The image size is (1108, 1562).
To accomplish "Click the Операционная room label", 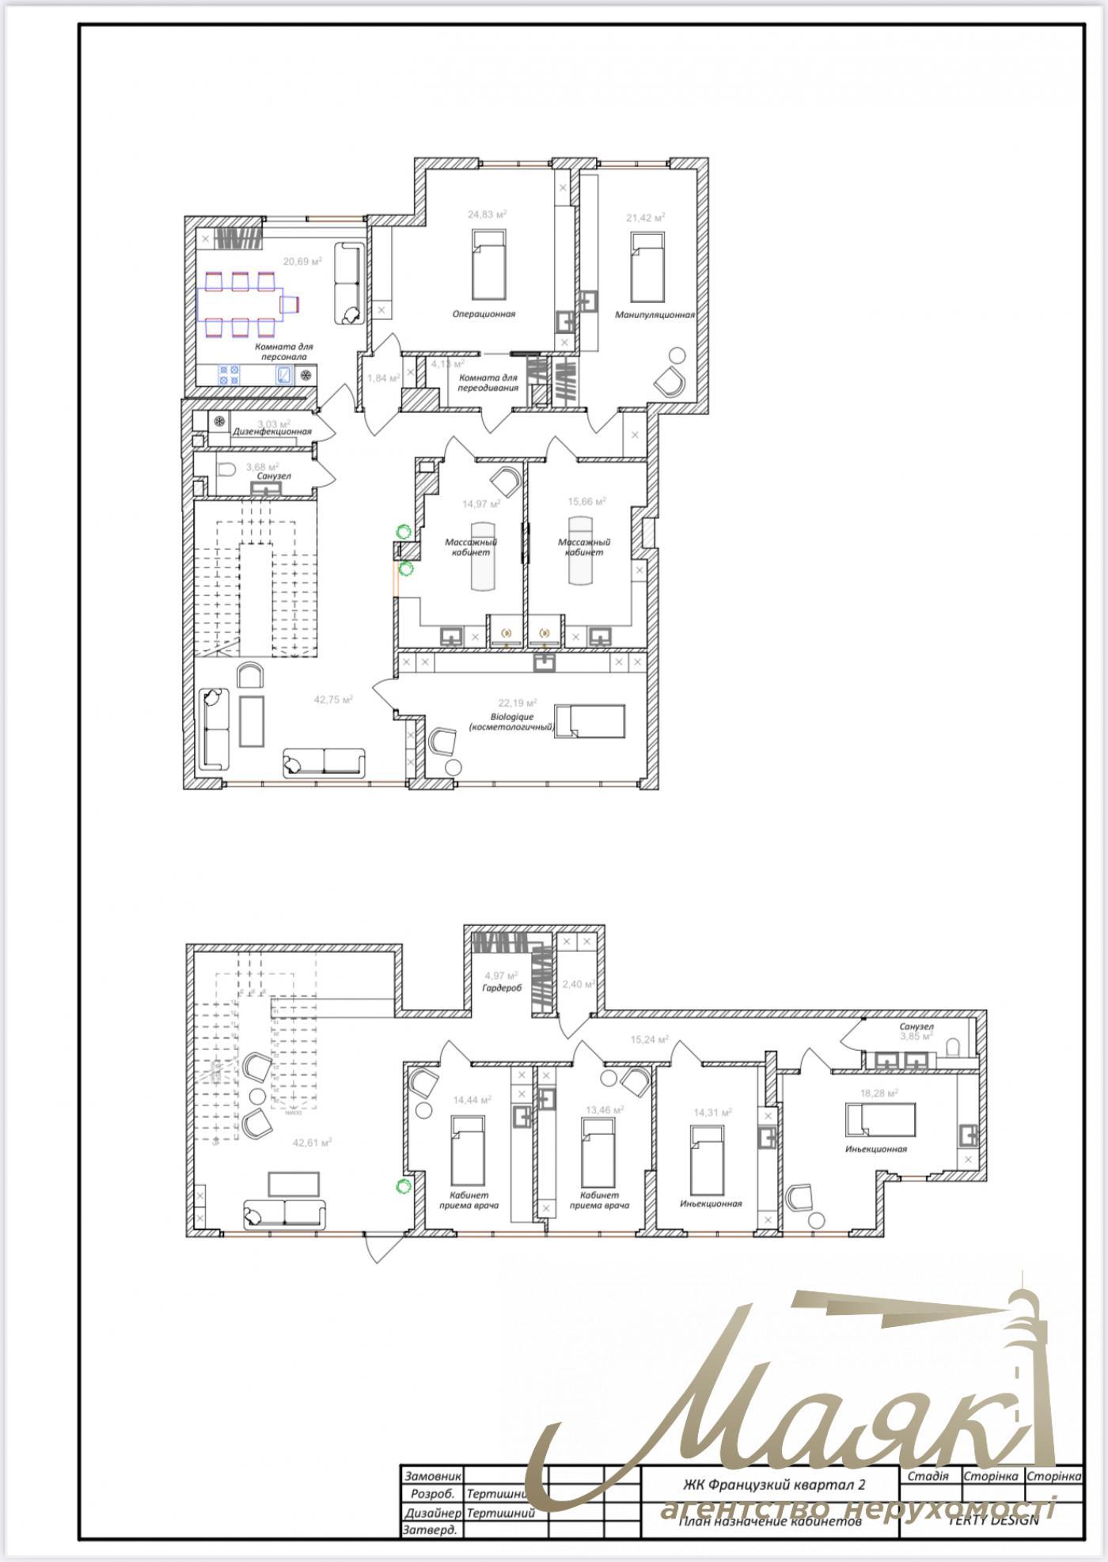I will (x=484, y=314).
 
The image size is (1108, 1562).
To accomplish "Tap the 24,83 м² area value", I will (x=487, y=214).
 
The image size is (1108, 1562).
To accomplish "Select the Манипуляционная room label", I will (x=655, y=315).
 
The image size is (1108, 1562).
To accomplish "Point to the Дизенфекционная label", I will (x=271, y=432).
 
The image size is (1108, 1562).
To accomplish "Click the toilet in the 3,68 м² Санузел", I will (x=226, y=469).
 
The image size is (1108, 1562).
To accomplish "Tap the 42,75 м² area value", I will (x=332, y=699).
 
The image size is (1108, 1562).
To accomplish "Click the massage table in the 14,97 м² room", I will (x=484, y=555).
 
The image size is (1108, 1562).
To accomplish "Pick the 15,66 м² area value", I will (x=586, y=502).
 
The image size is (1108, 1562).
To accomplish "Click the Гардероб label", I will (x=501, y=988).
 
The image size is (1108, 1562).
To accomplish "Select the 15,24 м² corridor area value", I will (x=649, y=1040).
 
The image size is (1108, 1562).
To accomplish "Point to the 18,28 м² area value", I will (x=878, y=1094).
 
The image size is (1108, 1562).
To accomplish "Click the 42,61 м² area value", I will (x=311, y=1143).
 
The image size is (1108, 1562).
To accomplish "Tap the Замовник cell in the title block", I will (x=431, y=1477).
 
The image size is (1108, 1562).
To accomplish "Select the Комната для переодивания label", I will (x=488, y=383).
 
